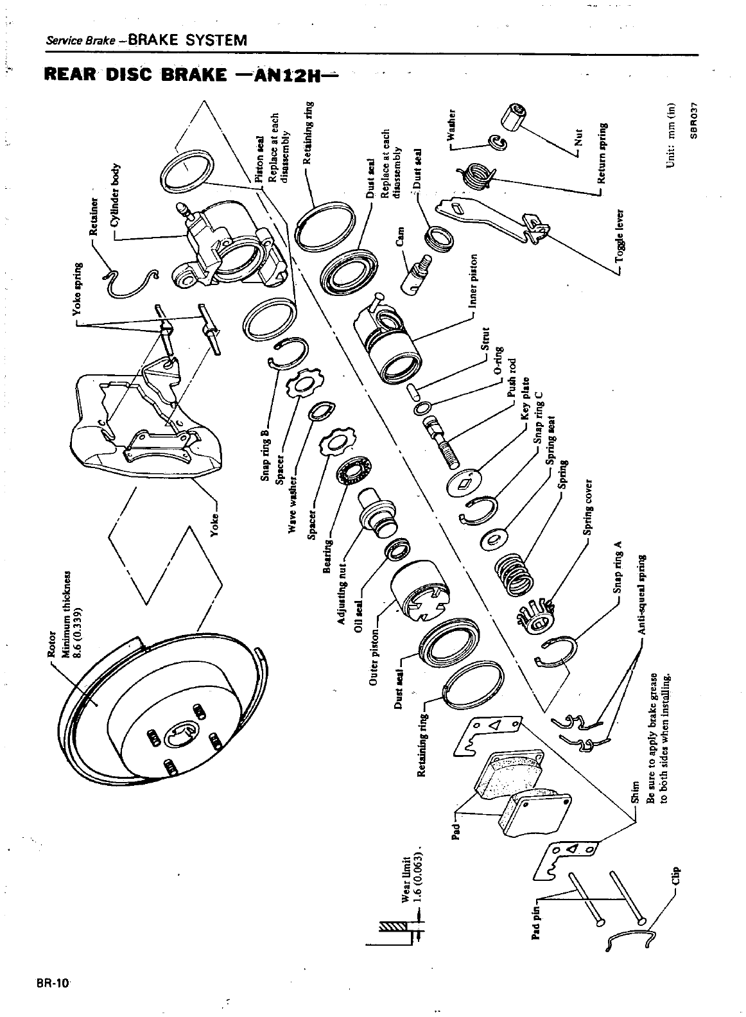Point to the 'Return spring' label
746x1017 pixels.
coord(603,153)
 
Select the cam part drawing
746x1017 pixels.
coord(416,272)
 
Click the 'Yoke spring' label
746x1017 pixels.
coord(77,289)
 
